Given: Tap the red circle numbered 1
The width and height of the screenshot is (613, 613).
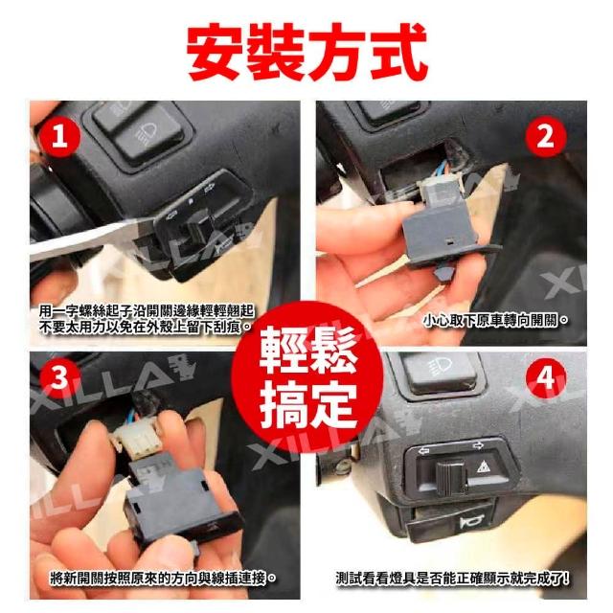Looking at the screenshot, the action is click(x=59, y=137).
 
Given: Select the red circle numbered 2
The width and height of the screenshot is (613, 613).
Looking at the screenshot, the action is click(x=546, y=137).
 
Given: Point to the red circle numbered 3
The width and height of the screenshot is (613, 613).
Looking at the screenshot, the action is click(x=59, y=378).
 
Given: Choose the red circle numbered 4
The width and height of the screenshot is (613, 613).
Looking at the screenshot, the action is click(x=546, y=378).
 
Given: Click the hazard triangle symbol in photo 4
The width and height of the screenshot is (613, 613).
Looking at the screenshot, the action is click(x=484, y=466).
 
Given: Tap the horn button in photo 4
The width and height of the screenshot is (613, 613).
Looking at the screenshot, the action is click(x=449, y=524).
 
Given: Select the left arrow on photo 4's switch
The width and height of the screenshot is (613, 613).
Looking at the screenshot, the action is click(x=423, y=451).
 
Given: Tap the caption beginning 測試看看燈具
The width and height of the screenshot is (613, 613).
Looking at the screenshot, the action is click(x=452, y=579).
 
